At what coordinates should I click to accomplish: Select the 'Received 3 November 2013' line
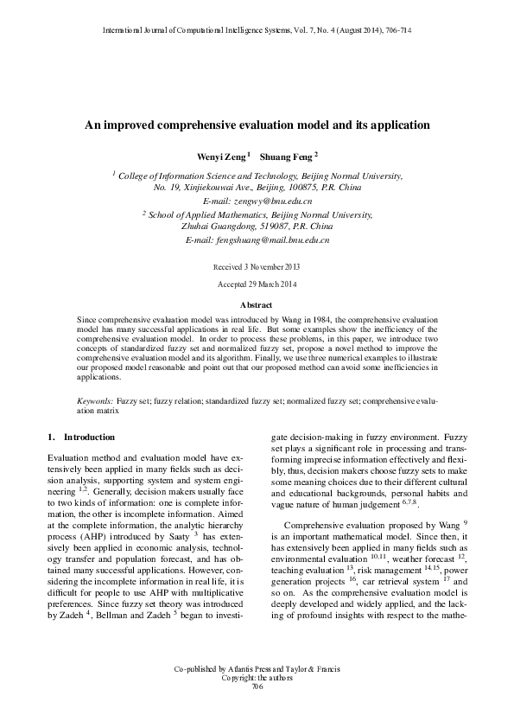pos(257,267)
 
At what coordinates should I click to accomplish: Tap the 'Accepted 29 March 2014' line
pos(257,284)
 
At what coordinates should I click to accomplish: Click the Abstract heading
pos(256,305)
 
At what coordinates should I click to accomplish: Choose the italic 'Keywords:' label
pos(95,402)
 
